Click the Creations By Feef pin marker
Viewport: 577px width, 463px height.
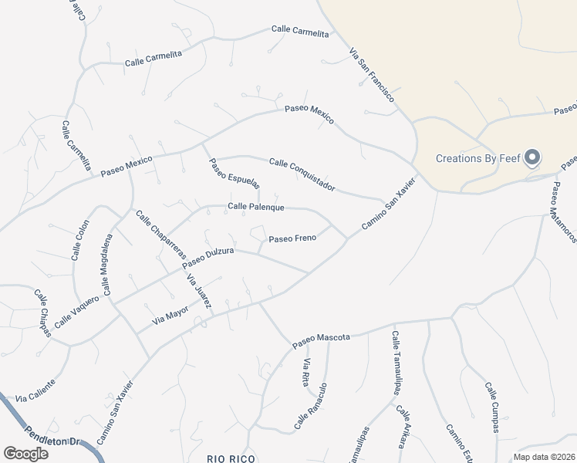pyautogui.click(x=532, y=158)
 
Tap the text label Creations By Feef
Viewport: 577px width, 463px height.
pyautogui.click(x=478, y=159)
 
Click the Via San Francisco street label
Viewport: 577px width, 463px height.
pyautogui.click(x=372, y=76)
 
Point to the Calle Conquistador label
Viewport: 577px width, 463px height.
pyautogui.click(x=302, y=175)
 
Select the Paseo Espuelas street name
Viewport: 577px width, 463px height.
pyautogui.click(x=235, y=173)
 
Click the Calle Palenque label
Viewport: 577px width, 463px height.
pyautogui.click(x=256, y=208)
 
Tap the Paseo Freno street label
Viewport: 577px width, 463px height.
pyautogui.click(x=292, y=238)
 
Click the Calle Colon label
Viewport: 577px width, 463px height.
pyautogui.click(x=79, y=242)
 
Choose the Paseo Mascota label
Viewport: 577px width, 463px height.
pyautogui.click(x=322, y=340)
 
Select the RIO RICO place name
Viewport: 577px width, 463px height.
pyautogui.click(x=231, y=458)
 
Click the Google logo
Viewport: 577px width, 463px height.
pyautogui.click(x=25, y=454)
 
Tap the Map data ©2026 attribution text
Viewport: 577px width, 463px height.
pyautogui.click(x=544, y=457)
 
